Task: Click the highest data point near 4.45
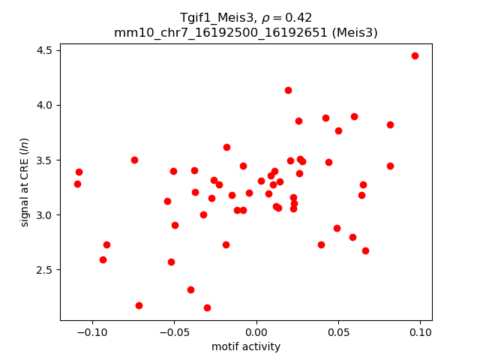pos(415,55)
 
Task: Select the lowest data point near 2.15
pos(207,307)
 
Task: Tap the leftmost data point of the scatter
pos(77,184)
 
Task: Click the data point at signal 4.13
pos(288,90)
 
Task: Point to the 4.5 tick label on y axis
pos(43,50)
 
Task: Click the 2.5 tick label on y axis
pos(43,270)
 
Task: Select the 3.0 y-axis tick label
pos(43,215)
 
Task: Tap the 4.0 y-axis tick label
pos(43,105)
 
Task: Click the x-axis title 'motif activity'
pos(246,346)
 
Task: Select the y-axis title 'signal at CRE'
pos(25,182)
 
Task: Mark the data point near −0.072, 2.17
pos(139,305)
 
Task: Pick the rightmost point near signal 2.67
pos(365,250)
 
